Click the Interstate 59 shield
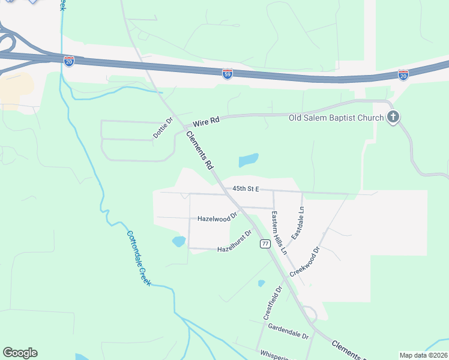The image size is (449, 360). click(x=228, y=73)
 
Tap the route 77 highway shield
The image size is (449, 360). click(x=264, y=243)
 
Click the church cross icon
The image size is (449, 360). click(x=393, y=117)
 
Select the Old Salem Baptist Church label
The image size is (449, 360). click(x=336, y=118)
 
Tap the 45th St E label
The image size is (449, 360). click(x=246, y=188)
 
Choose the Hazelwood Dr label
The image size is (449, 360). click(x=217, y=219)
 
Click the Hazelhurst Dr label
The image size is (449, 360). click(x=234, y=241)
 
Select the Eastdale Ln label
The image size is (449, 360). click(x=298, y=224)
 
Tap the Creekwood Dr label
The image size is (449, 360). click(x=306, y=260)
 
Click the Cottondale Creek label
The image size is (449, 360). click(x=138, y=258)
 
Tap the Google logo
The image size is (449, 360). click(x=20, y=353)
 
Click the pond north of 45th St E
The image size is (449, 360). click(x=248, y=160)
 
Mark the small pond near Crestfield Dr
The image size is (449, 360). click(x=261, y=283)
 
